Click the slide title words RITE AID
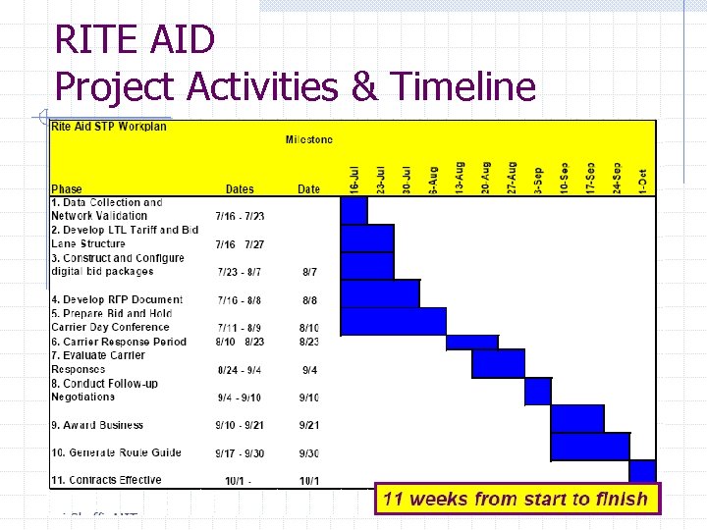coord(135,40)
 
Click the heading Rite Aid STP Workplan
coord(109,127)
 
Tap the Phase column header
coord(67,189)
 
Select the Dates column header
coord(240,189)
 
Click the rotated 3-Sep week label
coord(537,178)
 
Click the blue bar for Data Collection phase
coord(353,210)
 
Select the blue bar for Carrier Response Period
coord(472,343)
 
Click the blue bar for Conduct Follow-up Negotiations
coord(538,392)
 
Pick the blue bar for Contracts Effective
coord(642,472)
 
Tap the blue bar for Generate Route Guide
coord(590,447)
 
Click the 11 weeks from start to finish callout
coord(515,499)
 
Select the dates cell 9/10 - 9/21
coord(240,426)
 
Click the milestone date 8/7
coord(309,272)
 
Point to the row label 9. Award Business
coord(97,425)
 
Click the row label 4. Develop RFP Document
coord(117,299)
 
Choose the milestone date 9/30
coord(309,453)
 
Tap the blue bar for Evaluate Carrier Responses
coord(499,364)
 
